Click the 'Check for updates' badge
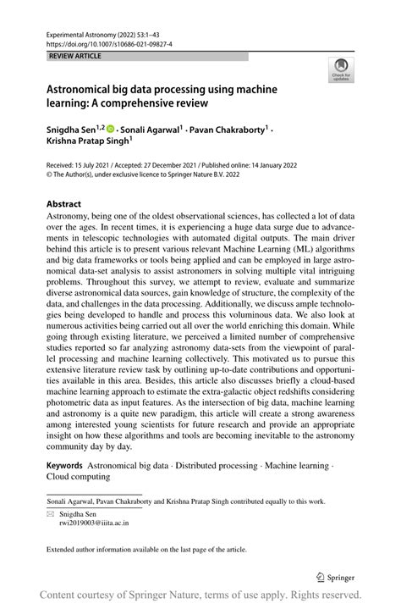[x=341, y=69]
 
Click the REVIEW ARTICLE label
[x=76, y=56]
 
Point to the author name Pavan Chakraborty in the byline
[x=229, y=129]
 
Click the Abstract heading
[x=63, y=204]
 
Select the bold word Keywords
[x=64, y=465]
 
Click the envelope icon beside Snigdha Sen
[x=50, y=513]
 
